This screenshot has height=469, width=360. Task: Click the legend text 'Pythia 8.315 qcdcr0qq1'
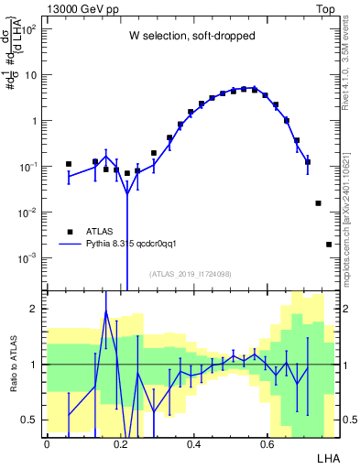(x=137, y=245)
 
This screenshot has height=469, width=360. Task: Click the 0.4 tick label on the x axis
(x=193, y=443)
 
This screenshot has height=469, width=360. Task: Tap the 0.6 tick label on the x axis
(x=267, y=443)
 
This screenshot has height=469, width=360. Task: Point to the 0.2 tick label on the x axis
(x=120, y=443)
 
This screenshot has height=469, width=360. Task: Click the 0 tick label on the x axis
(x=47, y=443)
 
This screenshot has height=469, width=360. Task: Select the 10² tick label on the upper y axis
(x=29, y=28)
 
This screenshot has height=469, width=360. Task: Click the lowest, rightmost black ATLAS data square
(x=329, y=245)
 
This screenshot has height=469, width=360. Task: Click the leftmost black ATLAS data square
(x=69, y=165)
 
